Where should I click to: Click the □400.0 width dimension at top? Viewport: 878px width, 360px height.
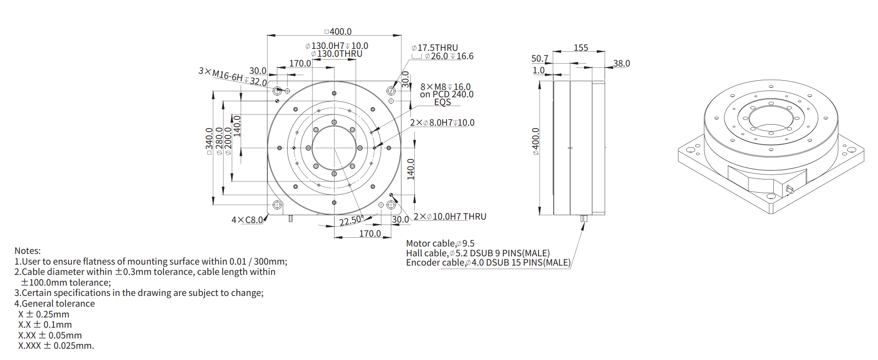pyautogui.click(x=338, y=32)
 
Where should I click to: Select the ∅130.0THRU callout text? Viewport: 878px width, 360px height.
pyautogui.click(x=337, y=54)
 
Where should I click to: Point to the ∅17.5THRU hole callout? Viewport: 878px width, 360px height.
pyautogui.click(x=435, y=48)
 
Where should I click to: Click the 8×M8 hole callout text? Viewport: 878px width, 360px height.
pyautogui.click(x=445, y=87)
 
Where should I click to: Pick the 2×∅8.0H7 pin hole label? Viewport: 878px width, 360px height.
pyautogui.click(x=442, y=123)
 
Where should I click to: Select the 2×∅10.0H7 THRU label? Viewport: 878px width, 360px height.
pyautogui.click(x=450, y=217)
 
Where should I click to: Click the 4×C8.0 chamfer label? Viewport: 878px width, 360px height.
pyautogui.click(x=247, y=220)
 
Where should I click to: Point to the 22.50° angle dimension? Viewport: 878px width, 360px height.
pyautogui.click(x=350, y=221)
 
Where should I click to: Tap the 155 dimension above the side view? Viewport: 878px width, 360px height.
pyautogui.click(x=581, y=48)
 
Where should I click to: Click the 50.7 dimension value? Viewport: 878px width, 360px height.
pyautogui.click(x=540, y=59)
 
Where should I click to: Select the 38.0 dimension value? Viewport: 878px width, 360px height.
pyautogui.click(x=621, y=64)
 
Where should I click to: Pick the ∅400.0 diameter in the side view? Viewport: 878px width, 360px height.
pyautogui.click(x=536, y=142)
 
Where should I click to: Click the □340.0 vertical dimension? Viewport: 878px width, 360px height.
pyautogui.click(x=209, y=141)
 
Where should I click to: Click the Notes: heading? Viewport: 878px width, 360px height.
pyautogui.click(x=27, y=251)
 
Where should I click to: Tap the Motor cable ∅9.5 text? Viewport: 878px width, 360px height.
pyautogui.click(x=440, y=244)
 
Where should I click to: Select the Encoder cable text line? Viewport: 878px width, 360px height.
pyautogui.click(x=488, y=263)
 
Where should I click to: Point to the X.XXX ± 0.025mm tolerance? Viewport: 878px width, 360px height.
pyautogui.click(x=56, y=346)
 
